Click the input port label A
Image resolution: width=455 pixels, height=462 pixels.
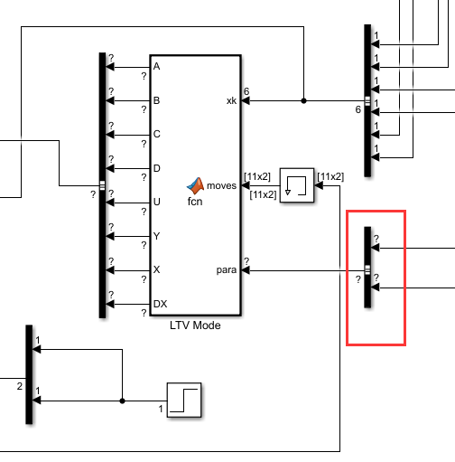click(x=157, y=67)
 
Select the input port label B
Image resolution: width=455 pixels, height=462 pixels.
click(x=157, y=100)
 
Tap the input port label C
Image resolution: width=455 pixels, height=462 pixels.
click(x=157, y=135)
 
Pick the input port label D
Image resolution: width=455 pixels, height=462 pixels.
click(x=157, y=168)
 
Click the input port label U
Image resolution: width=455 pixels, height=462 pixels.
click(x=157, y=203)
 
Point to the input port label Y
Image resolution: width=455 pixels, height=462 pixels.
click(x=157, y=236)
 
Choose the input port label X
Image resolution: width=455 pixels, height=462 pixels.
click(x=157, y=270)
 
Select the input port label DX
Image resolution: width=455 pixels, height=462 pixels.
click(x=160, y=304)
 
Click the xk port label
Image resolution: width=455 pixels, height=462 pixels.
click(x=230, y=100)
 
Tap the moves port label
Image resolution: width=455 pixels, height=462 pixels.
click(x=222, y=185)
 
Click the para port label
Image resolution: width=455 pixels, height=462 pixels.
click(x=227, y=269)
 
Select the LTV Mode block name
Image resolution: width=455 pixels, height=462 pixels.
click(x=195, y=325)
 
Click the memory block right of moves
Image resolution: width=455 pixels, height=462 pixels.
click(x=296, y=185)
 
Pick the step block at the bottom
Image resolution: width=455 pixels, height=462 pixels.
click(x=183, y=399)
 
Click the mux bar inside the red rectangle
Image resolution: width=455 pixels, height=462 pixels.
click(x=367, y=268)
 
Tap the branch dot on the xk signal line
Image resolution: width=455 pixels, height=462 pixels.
click(x=303, y=100)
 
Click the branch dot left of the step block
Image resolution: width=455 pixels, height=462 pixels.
click(x=121, y=399)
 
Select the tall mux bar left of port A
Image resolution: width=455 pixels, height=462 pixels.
click(x=102, y=185)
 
